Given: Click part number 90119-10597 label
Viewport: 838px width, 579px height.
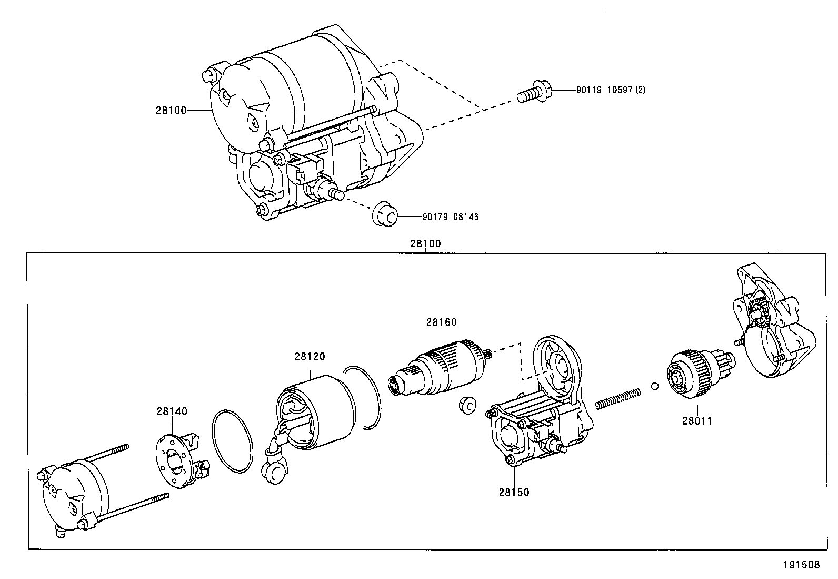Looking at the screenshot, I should tap(610, 90).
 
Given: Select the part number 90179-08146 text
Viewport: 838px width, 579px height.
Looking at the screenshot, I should tap(450, 217).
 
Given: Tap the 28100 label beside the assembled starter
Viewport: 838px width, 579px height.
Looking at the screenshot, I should tap(171, 110).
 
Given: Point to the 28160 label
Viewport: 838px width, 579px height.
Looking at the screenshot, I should tap(441, 322).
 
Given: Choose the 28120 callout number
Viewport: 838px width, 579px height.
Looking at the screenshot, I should tap(310, 357).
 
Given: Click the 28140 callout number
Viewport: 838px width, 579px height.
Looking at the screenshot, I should tap(172, 411).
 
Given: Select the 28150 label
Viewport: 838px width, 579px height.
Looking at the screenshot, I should tap(514, 492).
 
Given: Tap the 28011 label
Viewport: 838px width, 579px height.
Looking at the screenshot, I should tap(697, 420).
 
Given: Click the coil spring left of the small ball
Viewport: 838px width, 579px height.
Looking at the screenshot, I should tap(618, 398).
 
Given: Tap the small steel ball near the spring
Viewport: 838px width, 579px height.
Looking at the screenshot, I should tap(654, 386).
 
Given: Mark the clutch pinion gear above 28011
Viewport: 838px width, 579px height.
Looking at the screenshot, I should tap(695, 374).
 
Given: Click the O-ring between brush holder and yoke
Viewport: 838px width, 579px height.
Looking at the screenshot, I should tap(233, 440).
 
